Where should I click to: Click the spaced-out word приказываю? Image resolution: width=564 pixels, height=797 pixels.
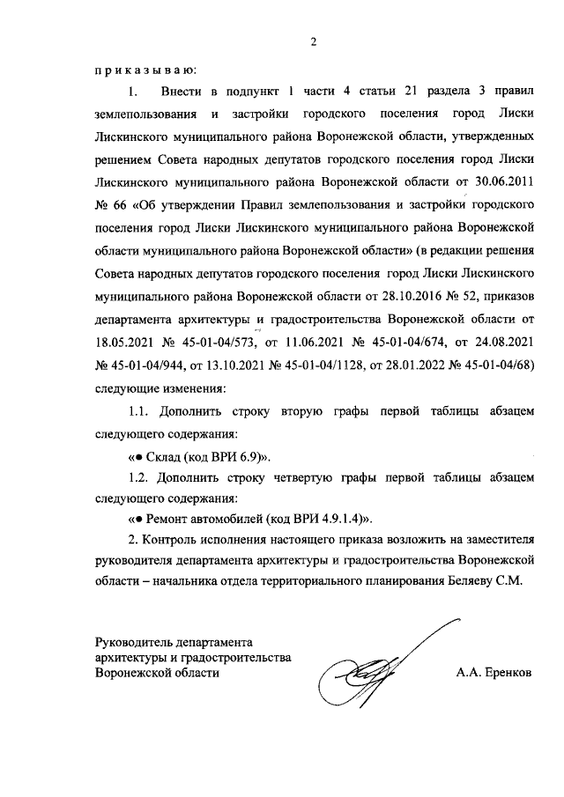click(x=145, y=69)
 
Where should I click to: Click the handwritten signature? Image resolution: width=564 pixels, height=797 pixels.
click(x=380, y=669)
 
